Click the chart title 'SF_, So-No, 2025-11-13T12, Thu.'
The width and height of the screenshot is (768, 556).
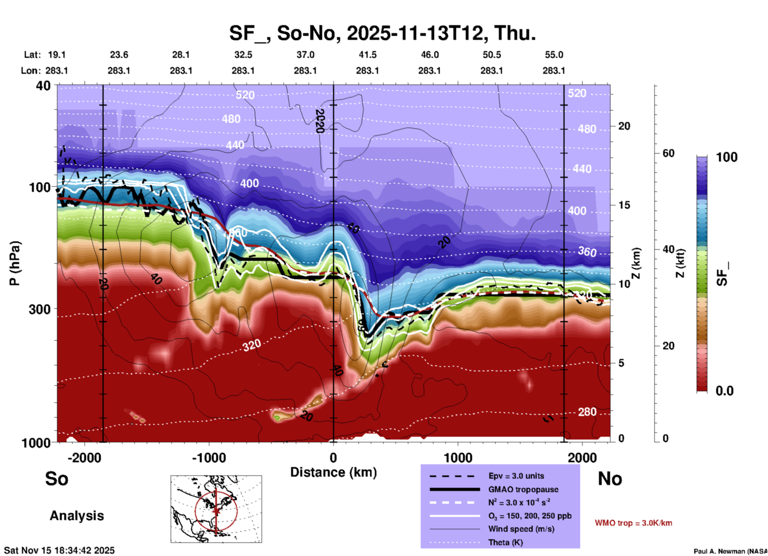click(x=382, y=33)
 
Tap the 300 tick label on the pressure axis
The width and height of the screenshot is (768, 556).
click(x=40, y=309)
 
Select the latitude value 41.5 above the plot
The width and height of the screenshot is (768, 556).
click(x=367, y=55)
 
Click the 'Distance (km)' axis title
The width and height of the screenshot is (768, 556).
click(x=333, y=472)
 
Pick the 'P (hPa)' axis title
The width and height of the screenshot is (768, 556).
click(x=14, y=263)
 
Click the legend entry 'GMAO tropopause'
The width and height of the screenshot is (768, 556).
click(x=523, y=489)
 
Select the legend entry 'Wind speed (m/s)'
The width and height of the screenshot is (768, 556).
click(x=521, y=529)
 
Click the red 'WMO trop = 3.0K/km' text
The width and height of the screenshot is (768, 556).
click(x=633, y=523)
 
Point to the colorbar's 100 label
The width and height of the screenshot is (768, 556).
click(x=727, y=157)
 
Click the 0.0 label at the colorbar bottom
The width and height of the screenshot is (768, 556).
click(x=725, y=391)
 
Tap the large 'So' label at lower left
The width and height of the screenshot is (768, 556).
click(x=57, y=479)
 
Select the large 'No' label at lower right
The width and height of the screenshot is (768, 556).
click(x=610, y=479)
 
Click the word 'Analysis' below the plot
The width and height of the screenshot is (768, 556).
click(x=77, y=516)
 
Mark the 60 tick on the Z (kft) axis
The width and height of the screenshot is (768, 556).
click(x=668, y=153)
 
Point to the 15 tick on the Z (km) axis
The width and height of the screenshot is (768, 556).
click(x=624, y=205)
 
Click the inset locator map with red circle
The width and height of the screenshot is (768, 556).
click(x=216, y=509)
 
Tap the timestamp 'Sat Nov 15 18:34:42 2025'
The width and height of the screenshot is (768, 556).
click(x=59, y=550)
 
